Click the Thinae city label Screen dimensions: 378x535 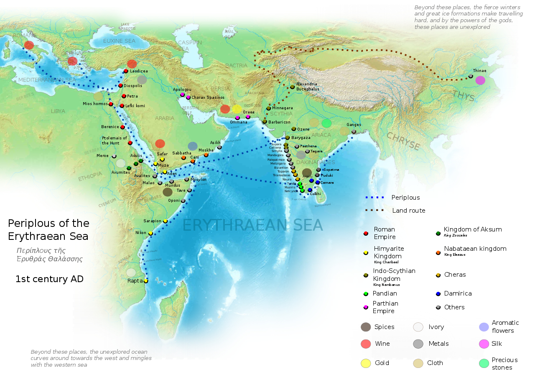coord(479,71)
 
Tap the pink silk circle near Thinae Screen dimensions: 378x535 coord(480,80)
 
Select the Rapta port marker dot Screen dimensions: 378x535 coord(146,281)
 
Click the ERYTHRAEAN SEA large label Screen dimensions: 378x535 coord(252,226)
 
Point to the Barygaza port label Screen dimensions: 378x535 coord(301,137)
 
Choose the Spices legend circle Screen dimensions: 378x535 coord(366,327)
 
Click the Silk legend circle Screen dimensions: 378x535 coord(484,344)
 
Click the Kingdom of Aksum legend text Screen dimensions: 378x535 coord(472,229)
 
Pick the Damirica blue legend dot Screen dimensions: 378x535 coord(438,293)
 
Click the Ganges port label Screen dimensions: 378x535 coord(354,125)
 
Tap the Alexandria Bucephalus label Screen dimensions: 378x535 coord(307,87)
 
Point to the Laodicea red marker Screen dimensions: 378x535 coord(126,71)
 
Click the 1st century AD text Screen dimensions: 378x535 coord(49,279)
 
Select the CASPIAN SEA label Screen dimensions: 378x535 coord(190,46)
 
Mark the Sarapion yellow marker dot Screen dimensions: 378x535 coord(165,221)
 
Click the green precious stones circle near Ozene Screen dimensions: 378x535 coord(326,123)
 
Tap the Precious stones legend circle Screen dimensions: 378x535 coord(484,363)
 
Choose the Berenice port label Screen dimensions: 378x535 coord(110,127)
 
